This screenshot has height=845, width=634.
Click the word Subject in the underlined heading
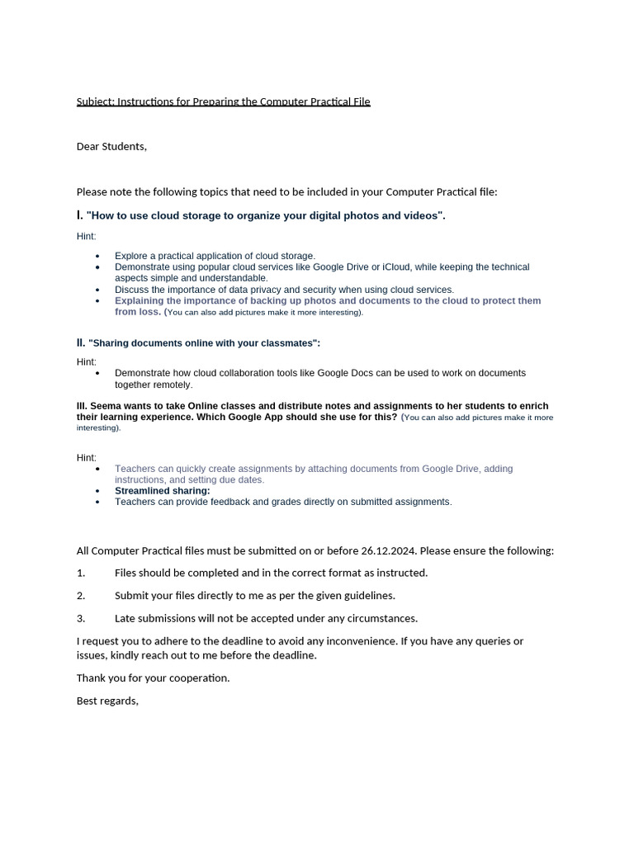pyautogui.click(x=95, y=101)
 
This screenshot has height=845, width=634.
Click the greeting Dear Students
pyautogui.click(x=111, y=146)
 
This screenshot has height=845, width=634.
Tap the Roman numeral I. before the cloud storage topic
pyautogui.click(x=80, y=215)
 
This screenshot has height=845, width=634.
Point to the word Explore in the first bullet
pyautogui.click(x=131, y=256)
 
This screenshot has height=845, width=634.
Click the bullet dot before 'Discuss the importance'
pyautogui.click(x=97, y=290)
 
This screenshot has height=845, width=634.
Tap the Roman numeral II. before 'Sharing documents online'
pyautogui.click(x=81, y=342)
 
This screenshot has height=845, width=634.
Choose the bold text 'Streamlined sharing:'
pyautogui.click(x=163, y=491)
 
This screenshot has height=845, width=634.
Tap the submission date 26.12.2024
pyautogui.click(x=388, y=550)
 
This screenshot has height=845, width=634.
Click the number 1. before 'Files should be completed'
pyautogui.click(x=81, y=573)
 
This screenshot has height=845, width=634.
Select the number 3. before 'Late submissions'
pyautogui.click(x=81, y=618)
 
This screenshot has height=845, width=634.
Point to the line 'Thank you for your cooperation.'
pyautogui.click(x=154, y=678)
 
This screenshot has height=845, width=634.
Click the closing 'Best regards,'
pyautogui.click(x=107, y=701)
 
